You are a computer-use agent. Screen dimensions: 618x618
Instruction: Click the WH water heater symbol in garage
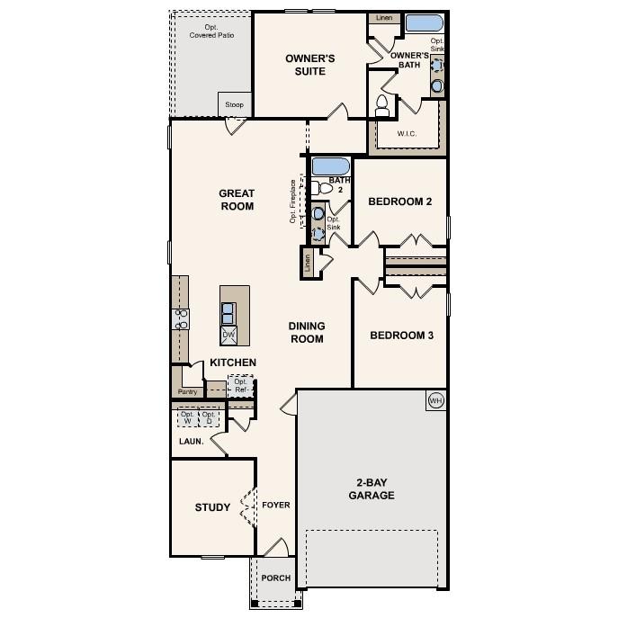(435, 400)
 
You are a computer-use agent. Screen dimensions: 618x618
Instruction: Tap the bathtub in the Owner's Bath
(423, 23)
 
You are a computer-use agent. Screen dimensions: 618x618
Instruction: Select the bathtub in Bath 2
(330, 166)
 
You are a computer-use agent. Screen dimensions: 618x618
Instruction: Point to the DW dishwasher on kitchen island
(228, 334)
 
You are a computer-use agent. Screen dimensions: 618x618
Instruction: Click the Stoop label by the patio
(233, 105)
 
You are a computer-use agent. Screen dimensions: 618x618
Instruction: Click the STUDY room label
(212, 507)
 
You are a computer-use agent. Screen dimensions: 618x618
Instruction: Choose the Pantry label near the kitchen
(187, 392)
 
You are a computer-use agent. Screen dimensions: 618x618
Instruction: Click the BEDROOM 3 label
(402, 336)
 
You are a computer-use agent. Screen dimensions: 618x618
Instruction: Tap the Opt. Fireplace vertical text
(293, 208)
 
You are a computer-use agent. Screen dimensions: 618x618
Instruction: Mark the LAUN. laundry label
(192, 442)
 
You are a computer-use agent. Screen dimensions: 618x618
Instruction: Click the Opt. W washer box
(187, 417)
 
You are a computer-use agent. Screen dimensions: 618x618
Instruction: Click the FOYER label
(276, 506)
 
